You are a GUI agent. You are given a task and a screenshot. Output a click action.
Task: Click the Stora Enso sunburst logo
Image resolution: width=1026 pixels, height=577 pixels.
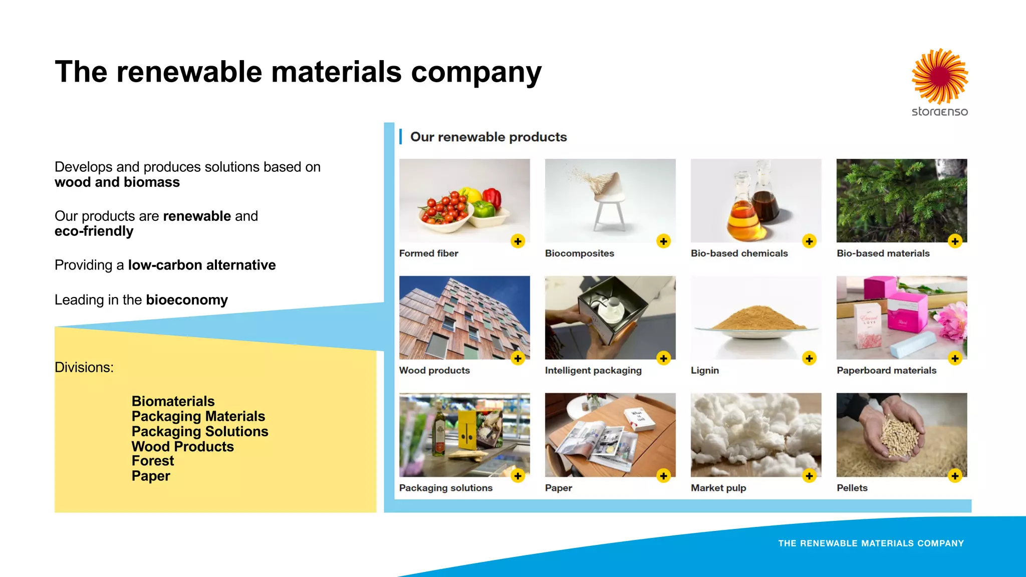coord(940,77)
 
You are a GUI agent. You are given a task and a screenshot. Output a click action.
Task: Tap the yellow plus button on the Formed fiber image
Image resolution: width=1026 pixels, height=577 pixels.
coord(518,241)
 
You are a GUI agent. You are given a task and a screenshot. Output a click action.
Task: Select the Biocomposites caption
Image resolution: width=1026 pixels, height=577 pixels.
coord(579,253)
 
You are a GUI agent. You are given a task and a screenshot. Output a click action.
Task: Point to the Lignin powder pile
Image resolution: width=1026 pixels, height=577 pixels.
coord(757,319)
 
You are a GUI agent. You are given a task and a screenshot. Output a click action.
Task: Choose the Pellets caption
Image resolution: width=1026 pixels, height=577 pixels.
coord(852,488)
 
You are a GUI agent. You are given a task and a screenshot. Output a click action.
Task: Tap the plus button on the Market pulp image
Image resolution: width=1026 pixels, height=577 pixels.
coord(809,476)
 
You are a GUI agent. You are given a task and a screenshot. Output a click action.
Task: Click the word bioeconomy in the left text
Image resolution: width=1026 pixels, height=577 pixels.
coord(187,300)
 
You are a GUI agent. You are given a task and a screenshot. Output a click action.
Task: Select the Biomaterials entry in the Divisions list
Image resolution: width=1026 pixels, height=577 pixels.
coord(173,401)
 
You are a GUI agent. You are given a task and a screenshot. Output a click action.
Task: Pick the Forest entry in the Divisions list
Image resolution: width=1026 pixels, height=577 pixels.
coord(153,461)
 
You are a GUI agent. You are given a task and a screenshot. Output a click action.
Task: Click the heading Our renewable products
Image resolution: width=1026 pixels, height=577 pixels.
coord(488,137)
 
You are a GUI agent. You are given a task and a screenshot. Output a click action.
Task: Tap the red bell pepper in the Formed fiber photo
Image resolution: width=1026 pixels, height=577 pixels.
coord(491,198)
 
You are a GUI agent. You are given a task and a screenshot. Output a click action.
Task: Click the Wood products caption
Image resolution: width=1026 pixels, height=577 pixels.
coord(434,371)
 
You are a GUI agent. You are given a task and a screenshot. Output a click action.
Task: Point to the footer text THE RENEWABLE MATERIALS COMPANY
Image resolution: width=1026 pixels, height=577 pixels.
coord(871,543)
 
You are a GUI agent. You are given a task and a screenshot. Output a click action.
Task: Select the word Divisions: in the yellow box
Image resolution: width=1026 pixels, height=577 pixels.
coord(84,367)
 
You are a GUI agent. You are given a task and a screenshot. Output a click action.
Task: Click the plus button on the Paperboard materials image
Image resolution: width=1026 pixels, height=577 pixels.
coord(955,359)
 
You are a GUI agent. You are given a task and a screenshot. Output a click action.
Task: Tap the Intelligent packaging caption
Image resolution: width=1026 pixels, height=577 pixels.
coord(593,371)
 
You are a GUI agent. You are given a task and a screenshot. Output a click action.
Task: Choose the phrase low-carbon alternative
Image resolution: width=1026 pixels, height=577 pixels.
coord(202,265)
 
